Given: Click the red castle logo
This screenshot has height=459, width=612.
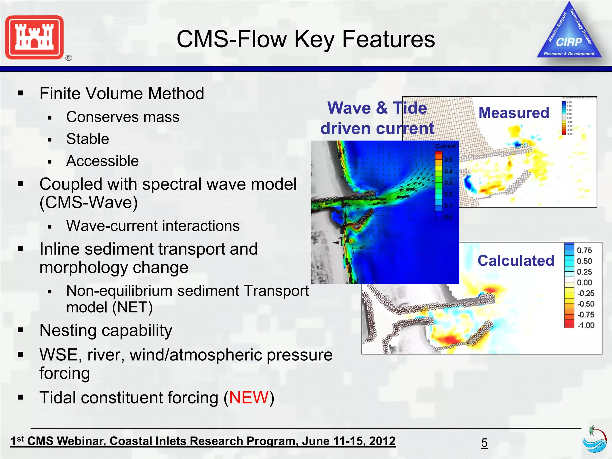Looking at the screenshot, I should tap(34, 37).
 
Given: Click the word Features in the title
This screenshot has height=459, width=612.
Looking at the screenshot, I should tap(388, 39).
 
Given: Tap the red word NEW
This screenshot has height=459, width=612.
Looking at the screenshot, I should tap(249, 398).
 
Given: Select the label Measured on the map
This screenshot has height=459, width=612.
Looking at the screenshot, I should tap(514, 113).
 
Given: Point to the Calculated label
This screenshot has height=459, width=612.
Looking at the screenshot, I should tap(516, 261).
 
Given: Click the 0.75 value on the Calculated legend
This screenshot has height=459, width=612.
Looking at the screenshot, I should tap(584, 250).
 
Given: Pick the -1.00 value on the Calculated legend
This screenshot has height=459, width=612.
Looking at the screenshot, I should tap(586, 325).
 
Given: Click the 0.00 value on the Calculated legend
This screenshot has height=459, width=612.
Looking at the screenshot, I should tap(584, 283).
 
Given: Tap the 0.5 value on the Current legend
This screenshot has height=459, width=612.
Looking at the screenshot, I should tap(448, 160).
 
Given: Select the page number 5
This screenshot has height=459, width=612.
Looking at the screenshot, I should tap(484, 443).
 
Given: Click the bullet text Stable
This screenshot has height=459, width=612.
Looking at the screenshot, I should tap(88, 139).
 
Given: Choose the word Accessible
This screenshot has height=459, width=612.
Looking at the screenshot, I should tap(102, 161).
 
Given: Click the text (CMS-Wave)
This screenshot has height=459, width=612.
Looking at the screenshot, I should tap(88, 203).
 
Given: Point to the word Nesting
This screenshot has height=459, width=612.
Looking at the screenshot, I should tap(71, 331).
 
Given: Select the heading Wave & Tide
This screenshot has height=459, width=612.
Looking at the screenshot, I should tap(377, 108).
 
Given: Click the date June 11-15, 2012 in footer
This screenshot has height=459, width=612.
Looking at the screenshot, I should tap(348, 441).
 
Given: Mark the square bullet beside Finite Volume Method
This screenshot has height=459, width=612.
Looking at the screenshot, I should tap(20, 94).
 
